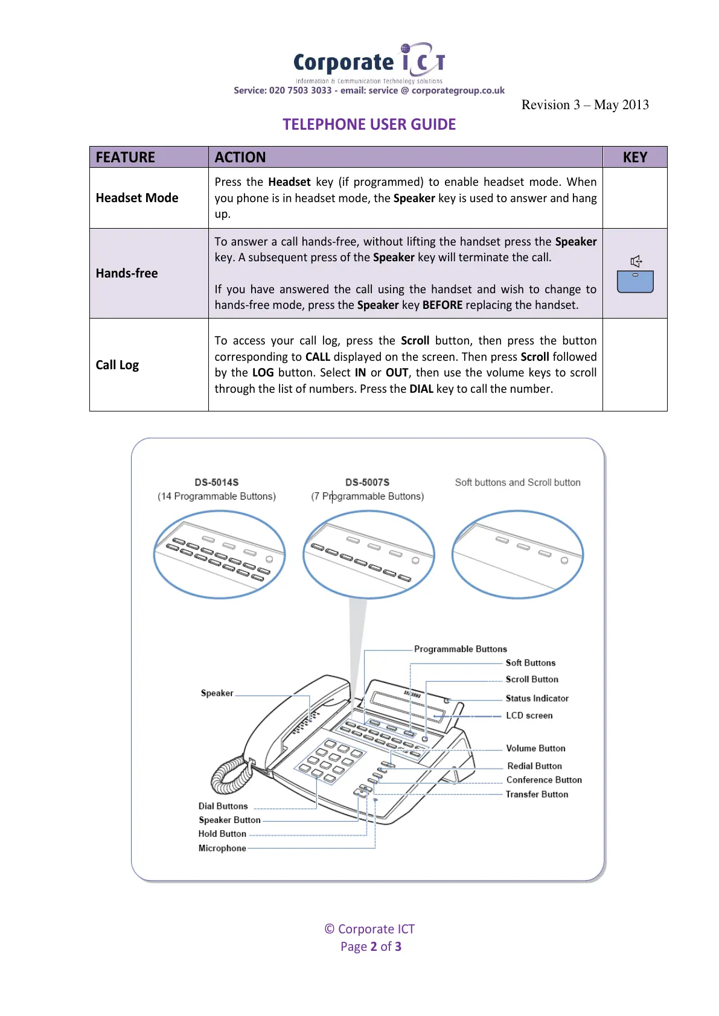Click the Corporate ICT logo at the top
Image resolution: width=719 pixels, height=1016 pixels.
[x=369, y=63]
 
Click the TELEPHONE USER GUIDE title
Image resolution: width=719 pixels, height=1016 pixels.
[x=369, y=124]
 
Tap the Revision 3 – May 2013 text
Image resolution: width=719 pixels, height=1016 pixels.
[x=584, y=105]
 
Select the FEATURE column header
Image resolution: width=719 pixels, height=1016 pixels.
[x=126, y=157]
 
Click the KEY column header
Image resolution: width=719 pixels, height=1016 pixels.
[x=634, y=157]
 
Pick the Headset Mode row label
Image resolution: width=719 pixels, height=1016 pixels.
[x=137, y=198]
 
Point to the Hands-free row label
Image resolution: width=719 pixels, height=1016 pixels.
[x=127, y=273]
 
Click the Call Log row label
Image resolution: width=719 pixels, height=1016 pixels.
[x=117, y=365]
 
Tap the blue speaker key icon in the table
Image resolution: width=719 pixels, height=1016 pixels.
[x=635, y=281]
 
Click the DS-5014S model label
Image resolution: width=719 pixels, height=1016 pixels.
[x=216, y=483]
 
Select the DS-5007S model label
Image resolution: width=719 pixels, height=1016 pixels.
[x=367, y=483]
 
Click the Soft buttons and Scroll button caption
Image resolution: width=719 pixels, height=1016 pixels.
[x=517, y=483]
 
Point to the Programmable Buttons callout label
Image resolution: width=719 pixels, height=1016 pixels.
[x=460, y=649]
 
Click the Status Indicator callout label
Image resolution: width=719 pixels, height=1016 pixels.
[x=537, y=699]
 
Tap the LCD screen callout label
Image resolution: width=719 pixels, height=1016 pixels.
[x=529, y=716]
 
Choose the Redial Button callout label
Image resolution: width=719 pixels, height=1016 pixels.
[x=534, y=766]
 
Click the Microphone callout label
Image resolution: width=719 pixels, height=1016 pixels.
[x=222, y=848]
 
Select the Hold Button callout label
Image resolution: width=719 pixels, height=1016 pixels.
[x=222, y=834]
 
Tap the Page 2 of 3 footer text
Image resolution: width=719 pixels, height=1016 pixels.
[x=371, y=947]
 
